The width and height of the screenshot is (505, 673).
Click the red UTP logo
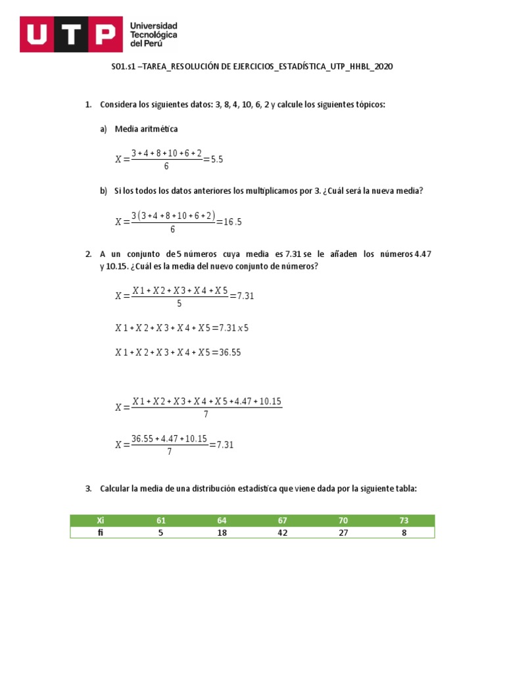tap(71, 34)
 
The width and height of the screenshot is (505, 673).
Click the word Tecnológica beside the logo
tap(154, 34)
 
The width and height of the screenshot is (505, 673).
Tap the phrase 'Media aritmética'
tap(146, 129)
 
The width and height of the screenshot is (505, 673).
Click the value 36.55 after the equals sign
tap(230, 352)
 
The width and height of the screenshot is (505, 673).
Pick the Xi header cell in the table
tap(101, 521)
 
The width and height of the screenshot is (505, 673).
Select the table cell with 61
tap(161, 521)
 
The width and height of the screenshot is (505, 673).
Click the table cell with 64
tap(222, 521)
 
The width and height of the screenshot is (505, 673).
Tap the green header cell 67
tap(283, 521)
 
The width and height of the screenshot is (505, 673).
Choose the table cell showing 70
tap(343, 521)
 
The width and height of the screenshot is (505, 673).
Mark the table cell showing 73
tap(404, 521)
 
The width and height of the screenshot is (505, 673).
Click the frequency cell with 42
tap(283, 532)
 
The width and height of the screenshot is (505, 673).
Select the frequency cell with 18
tap(222, 532)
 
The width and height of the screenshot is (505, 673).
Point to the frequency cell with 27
tap(343, 532)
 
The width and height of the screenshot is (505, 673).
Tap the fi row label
tap(101, 532)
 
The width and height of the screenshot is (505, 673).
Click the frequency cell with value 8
tap(404, 532)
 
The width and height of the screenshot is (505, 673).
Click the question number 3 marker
tap(88, 489)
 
